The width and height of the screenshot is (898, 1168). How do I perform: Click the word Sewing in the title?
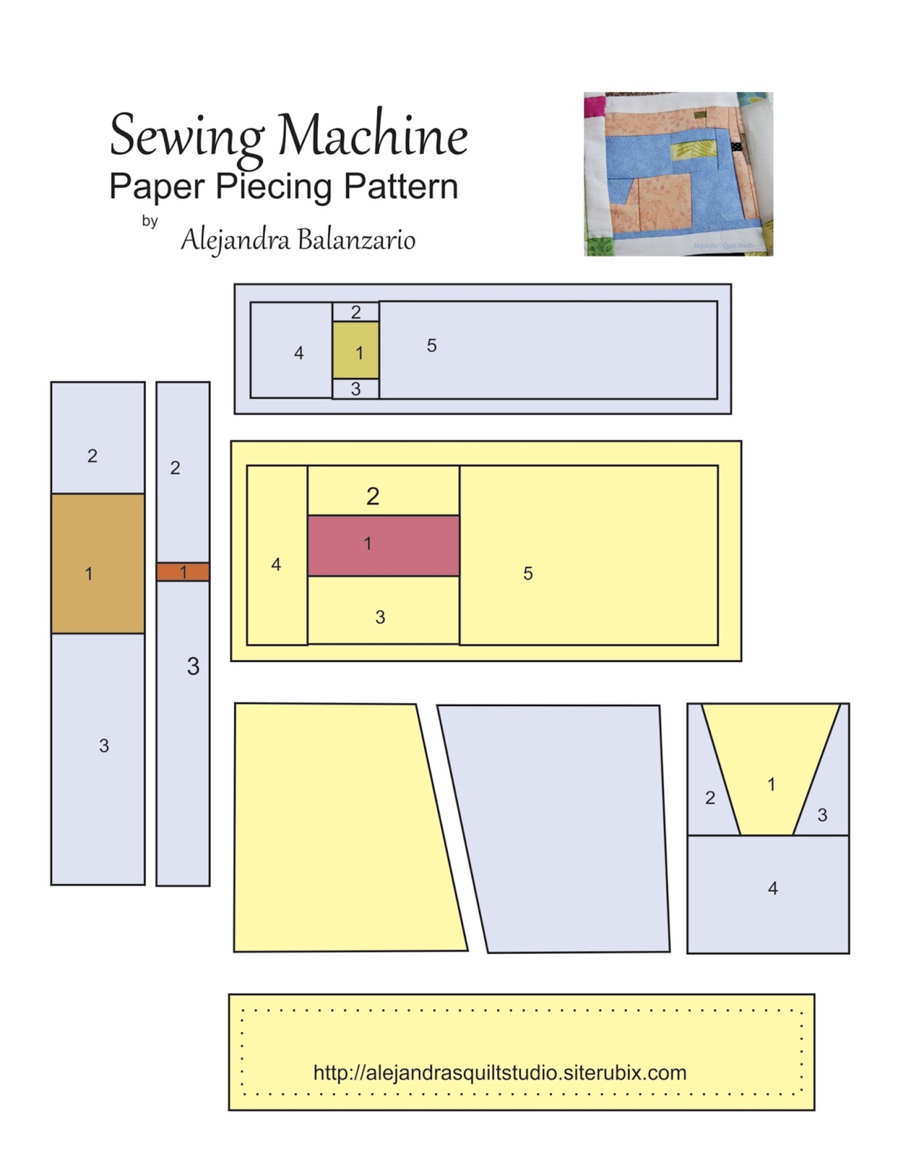(186, 136)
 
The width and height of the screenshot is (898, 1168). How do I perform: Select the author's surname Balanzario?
(356, 239)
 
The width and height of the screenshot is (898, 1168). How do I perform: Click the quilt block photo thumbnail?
(678, 174)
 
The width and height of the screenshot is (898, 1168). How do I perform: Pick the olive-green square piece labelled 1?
(356, 351)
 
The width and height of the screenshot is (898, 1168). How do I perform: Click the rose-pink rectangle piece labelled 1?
(383, 545)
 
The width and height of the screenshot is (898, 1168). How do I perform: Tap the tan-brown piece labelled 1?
(98, 564)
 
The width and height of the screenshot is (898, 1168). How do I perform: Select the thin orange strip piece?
(183, 572)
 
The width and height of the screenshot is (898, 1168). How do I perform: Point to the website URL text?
(500, 1072)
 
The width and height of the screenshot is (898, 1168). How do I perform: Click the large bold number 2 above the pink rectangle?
(373, 496)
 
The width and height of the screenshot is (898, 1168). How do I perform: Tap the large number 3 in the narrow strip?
(193, 666)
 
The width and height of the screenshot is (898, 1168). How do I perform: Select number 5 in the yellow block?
(528, 574)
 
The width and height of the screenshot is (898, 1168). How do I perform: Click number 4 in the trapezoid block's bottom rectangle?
(772, 888)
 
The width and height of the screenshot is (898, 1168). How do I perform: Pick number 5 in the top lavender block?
(431, 345)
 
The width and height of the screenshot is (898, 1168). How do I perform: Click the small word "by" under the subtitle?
(150, 220)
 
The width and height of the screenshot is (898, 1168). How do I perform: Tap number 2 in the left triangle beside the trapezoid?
(710, 798)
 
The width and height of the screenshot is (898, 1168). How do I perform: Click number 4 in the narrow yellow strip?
(276, 564)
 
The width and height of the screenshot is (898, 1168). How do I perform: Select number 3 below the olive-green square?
(356, 389)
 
